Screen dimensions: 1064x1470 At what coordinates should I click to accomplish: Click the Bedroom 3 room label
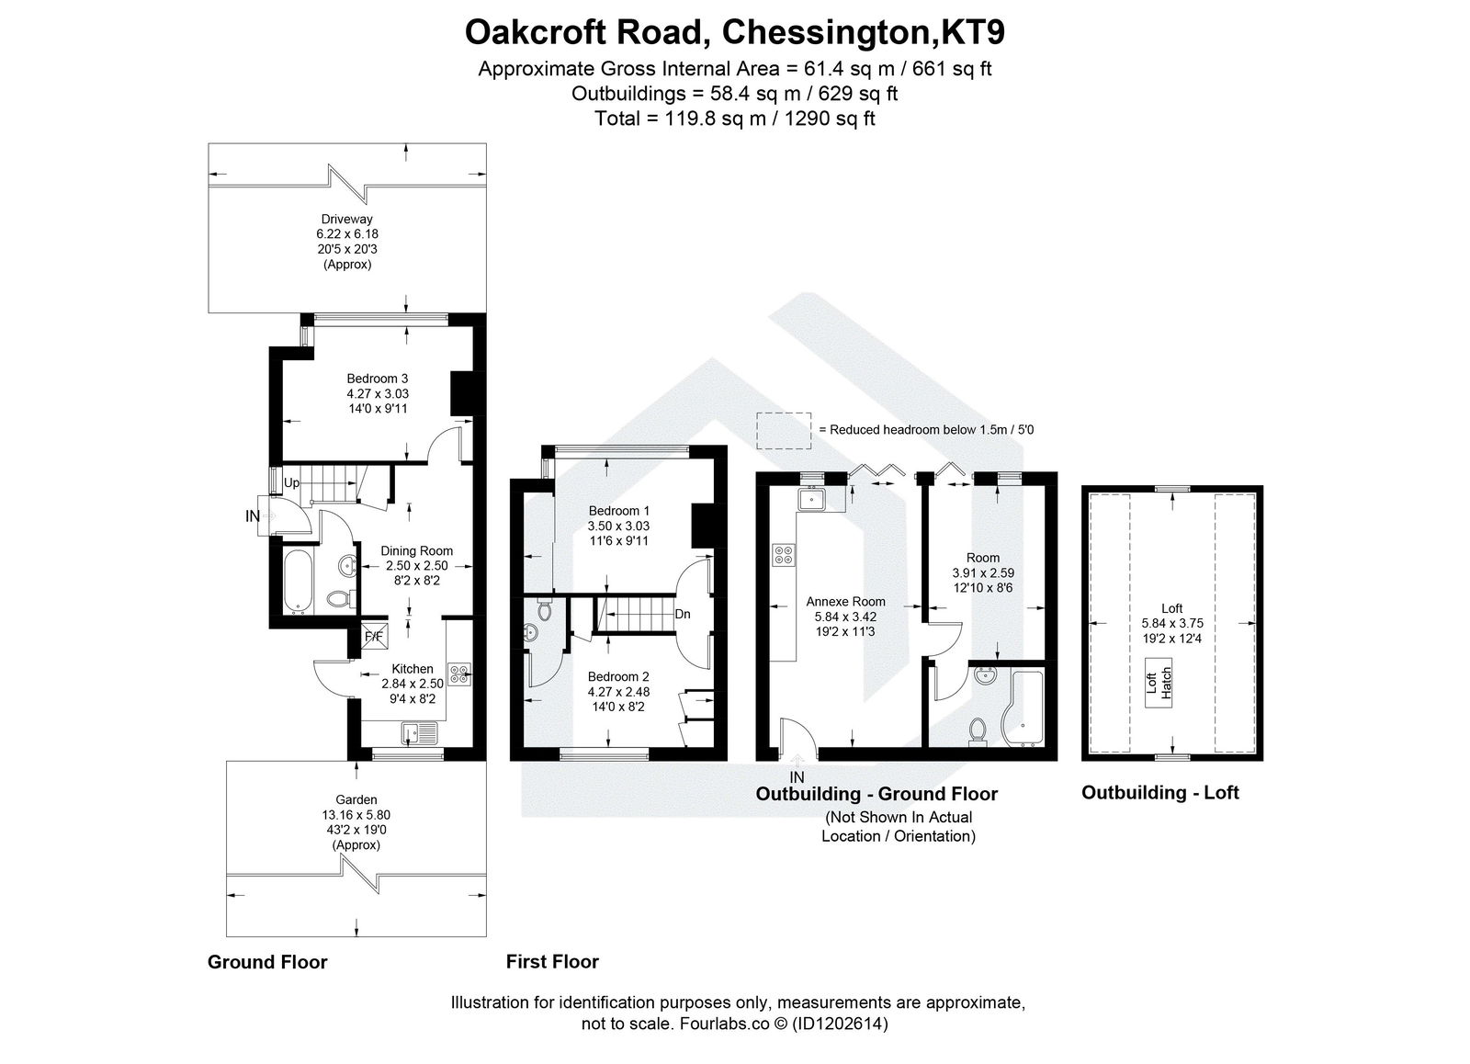click(377, 378)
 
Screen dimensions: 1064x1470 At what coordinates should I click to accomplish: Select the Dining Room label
click(416, 550)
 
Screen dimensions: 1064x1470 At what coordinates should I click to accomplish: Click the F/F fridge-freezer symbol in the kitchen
click(374, 635)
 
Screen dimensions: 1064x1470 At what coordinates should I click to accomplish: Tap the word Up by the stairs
click(291, 482)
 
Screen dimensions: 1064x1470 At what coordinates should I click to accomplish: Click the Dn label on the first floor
click(683, 614)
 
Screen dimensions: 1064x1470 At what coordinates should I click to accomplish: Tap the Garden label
click(356, 799)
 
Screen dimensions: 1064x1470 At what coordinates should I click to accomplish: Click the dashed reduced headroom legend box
click(784, 429)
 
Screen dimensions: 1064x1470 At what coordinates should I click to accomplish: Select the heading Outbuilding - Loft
click(1159, 792)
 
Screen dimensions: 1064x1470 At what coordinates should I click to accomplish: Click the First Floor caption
click(552, 961)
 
